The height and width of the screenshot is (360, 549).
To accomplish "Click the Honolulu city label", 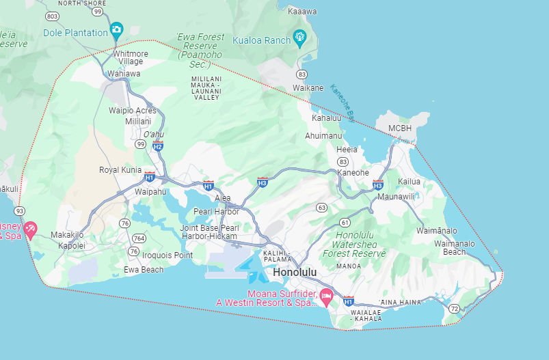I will click(295, 272).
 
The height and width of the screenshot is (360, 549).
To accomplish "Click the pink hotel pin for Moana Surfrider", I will click(326, 296).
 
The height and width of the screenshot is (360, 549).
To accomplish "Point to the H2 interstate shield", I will click(157, 146).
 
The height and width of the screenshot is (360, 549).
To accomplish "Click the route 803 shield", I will click(51, 15).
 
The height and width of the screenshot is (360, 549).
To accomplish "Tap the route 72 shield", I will click(455, 309).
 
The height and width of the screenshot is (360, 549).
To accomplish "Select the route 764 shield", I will click(139, 238).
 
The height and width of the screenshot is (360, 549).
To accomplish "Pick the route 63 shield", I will click(321, 207).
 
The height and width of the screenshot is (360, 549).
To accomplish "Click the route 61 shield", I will click(345, 223).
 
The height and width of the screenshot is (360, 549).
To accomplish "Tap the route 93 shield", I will click(20, 210).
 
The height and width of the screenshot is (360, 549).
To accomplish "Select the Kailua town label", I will click(409, 182).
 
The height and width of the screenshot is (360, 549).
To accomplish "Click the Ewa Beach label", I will click(144, 269).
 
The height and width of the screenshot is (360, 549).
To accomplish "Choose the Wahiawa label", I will click(124, 74).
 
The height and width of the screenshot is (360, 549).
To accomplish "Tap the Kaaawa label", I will click(302, 12).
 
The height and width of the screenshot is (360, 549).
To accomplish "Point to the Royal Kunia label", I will click(120, 169).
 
